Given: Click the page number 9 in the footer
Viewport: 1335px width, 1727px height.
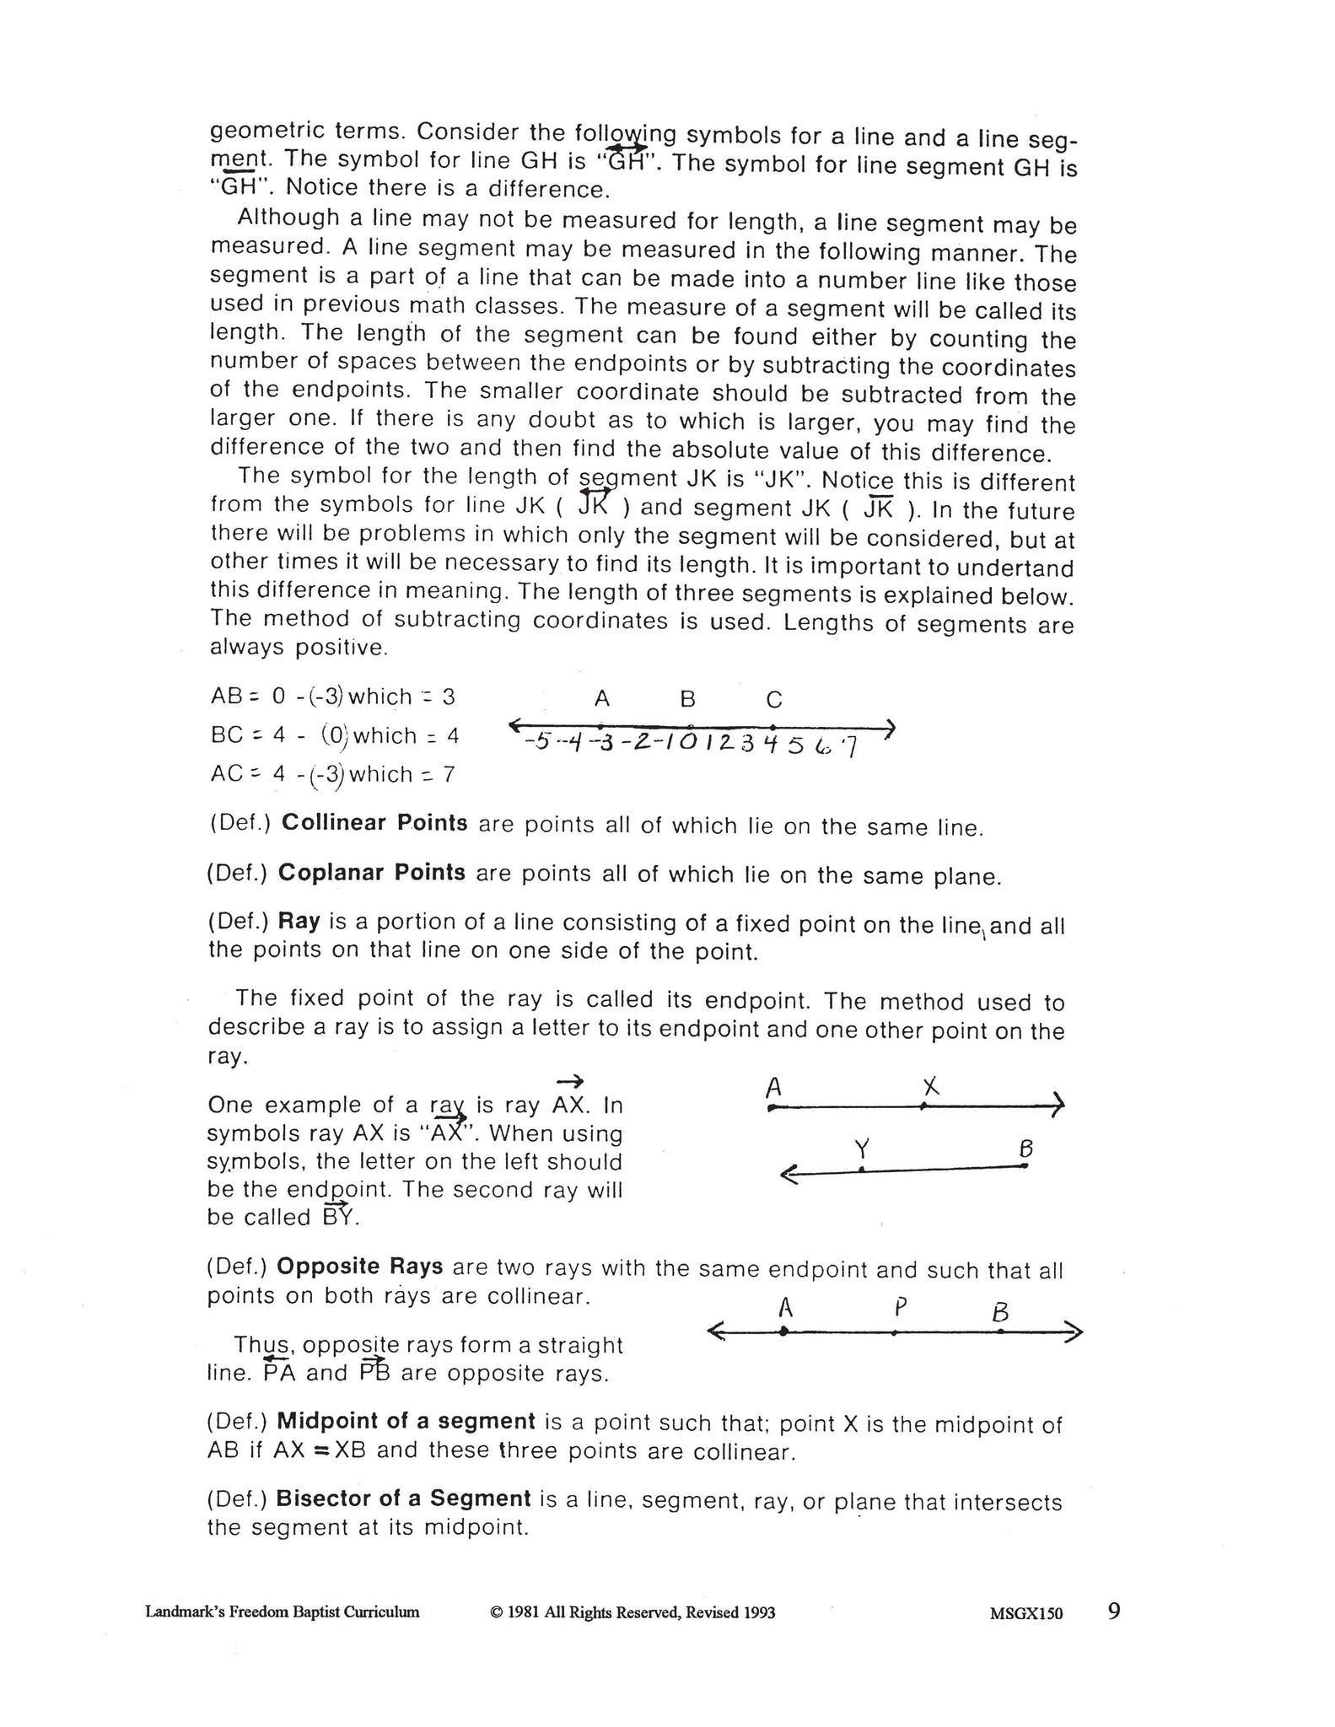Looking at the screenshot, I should point(1114,1611).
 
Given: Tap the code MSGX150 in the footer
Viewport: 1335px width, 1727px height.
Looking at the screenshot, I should point(1026,1613).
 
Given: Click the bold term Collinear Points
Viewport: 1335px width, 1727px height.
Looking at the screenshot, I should point(374,822).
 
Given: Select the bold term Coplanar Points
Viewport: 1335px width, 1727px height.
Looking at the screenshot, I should point(371,872).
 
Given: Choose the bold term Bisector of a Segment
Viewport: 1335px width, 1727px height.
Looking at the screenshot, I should point(403,1498).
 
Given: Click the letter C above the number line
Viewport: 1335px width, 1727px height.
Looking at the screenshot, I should point(774,699).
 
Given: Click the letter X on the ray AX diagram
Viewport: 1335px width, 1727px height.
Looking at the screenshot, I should point(929,1087).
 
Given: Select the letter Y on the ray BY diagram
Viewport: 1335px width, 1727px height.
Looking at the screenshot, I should point(861,1149).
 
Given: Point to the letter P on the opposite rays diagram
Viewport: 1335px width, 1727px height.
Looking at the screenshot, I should point(901,1308).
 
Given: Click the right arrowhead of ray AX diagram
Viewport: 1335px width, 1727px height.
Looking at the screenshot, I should point(1058,1105).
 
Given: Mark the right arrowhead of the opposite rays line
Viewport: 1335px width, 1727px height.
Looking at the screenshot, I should point(1075,1332).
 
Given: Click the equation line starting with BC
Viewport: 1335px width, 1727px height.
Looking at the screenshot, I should point(334,735).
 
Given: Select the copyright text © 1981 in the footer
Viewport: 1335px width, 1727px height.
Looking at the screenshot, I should point(632,1612).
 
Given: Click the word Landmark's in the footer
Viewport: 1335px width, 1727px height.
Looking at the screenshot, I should point(181,1612).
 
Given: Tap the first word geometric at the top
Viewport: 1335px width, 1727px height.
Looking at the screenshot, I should point(265,132).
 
